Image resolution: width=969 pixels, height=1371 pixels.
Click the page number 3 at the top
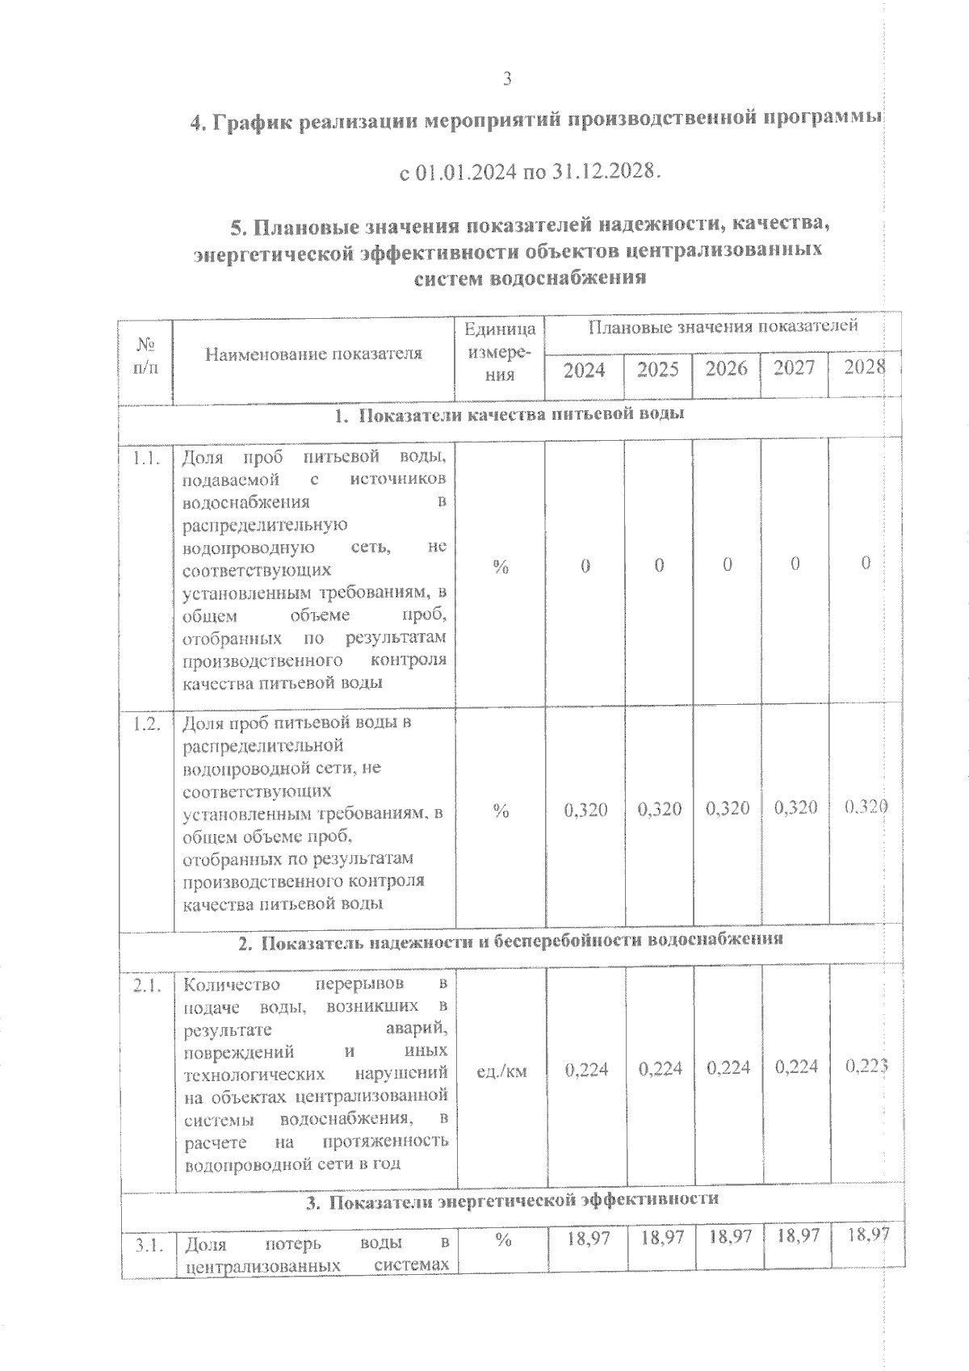[x=507, y=78]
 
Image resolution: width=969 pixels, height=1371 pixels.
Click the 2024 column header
[x=584, y=370]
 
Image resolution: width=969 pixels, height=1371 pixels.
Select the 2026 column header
[x=727, y=369]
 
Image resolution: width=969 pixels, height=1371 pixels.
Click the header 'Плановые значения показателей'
[x=723, y=327]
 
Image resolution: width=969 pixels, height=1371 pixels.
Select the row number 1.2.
[x=148, y=723]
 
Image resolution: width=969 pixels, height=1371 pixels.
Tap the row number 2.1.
[x=148, y=986]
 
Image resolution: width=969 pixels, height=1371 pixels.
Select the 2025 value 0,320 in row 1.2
[x=659, y=809]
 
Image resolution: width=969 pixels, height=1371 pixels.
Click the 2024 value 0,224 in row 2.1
[x=586, y=1070]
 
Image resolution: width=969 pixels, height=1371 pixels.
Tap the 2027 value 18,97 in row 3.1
[x=796, y=1236]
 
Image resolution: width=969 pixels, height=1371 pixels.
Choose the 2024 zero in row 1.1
[x=585, y=567]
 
